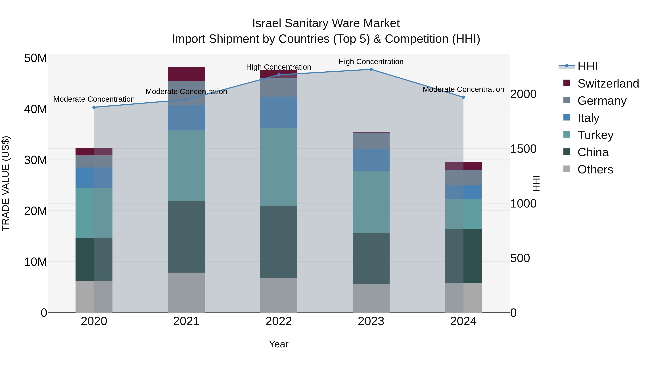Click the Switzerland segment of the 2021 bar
(x=186, y=74)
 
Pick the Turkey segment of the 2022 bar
(x=279, y=167)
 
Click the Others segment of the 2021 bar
(x=186, y=292)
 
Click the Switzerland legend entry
(x=608, y=84)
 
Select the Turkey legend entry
(x=595, y=135)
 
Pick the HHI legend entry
(x=587, y=66)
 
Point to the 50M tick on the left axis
(x=35, y=58)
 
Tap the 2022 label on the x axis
(x=279, y=321)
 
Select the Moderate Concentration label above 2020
(x=94, y=99)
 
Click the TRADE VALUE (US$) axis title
(x=6, y=183)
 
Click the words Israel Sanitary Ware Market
(x=326, y=23)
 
